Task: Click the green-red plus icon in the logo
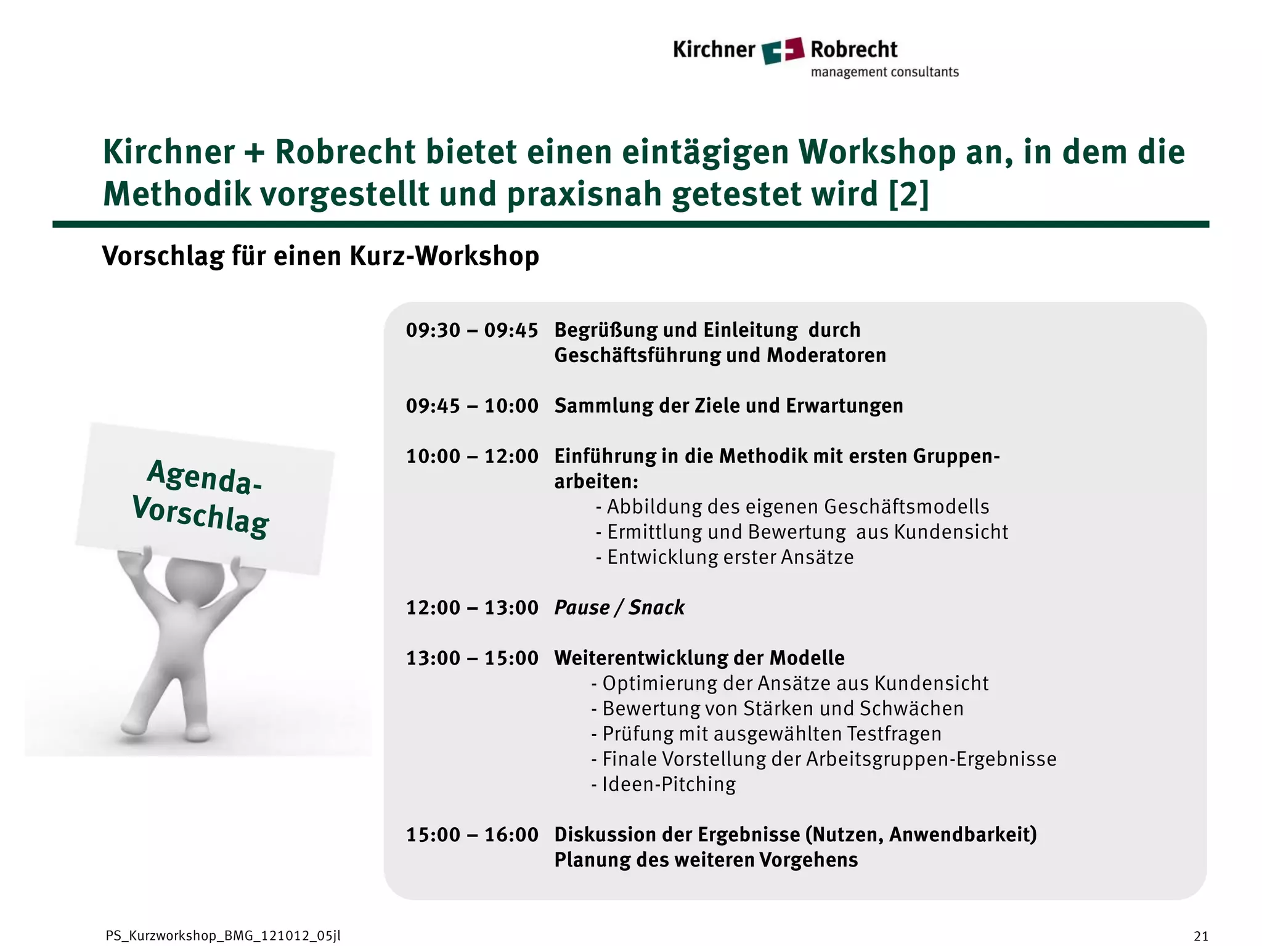(x=783, y=50)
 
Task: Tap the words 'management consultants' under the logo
(x=884, y=72)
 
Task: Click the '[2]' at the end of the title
(x=908, y=194)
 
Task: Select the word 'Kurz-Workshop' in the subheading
(x=444, y=256)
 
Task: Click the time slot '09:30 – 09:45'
(x=472, y=331)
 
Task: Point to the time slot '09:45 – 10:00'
(x=472, y=406)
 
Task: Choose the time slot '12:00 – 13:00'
(x=472, y=608)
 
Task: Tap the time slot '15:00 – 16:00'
(x=472, y=835)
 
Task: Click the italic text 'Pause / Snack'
(x=619, y=608)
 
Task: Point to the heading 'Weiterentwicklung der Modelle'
(x=699, y=658)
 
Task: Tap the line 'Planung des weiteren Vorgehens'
(x=706, y=860)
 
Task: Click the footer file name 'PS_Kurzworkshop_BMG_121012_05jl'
(x=223, y=936)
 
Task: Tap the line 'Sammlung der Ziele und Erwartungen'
(x=728, y=406)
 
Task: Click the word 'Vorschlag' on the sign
(x=201, y=516)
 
